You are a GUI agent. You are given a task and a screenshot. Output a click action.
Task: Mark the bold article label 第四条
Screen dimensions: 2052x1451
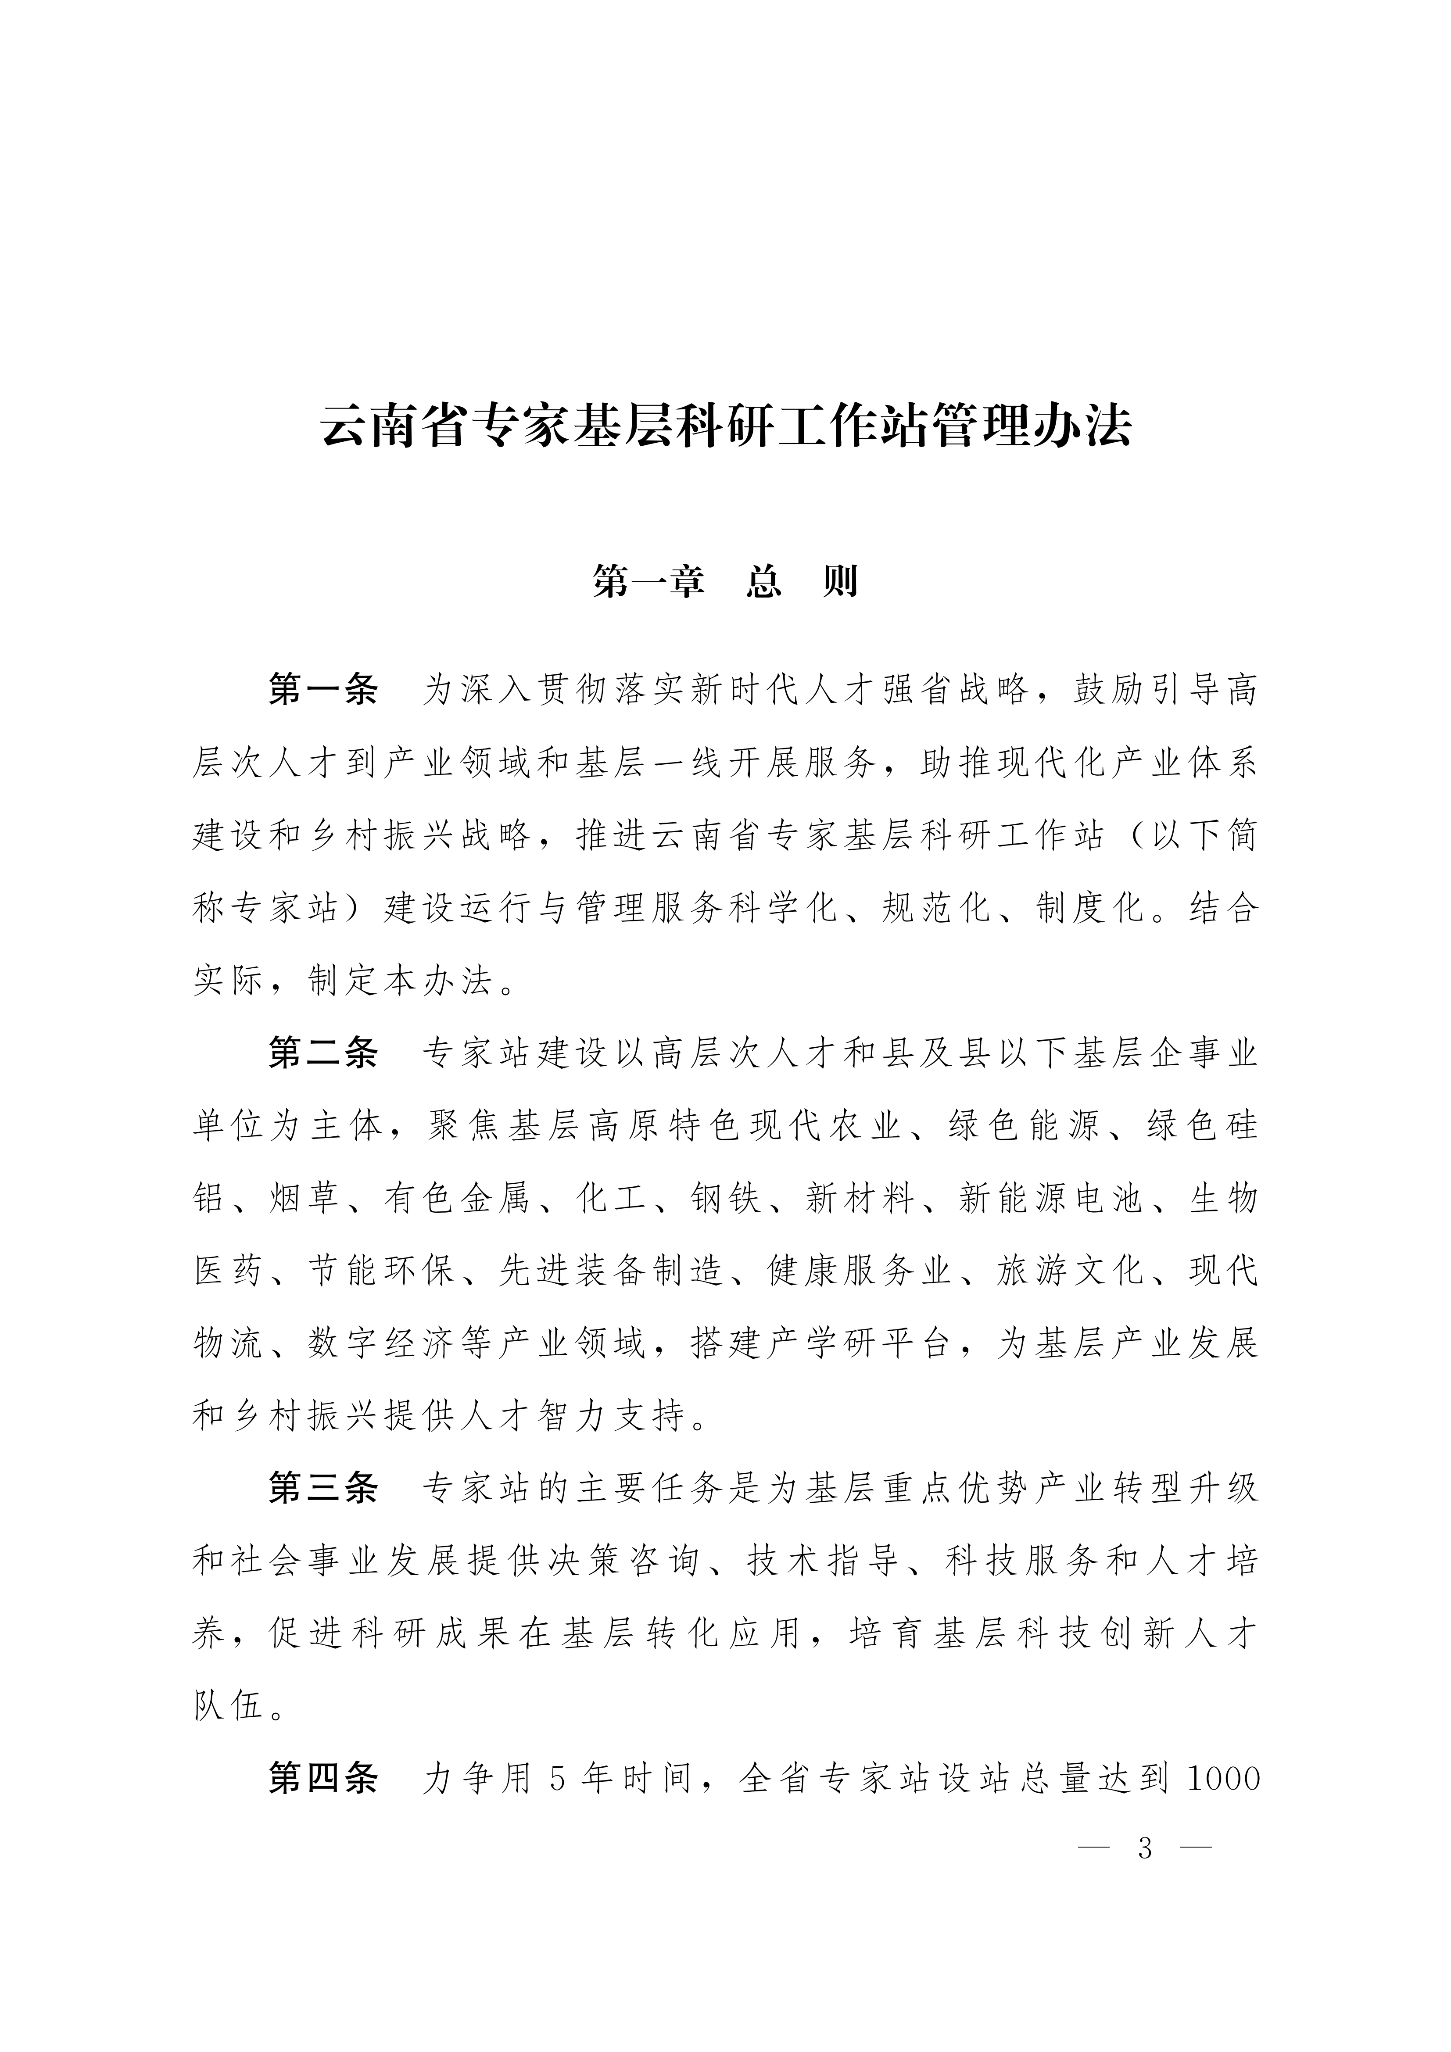(x=324, y=1780)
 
